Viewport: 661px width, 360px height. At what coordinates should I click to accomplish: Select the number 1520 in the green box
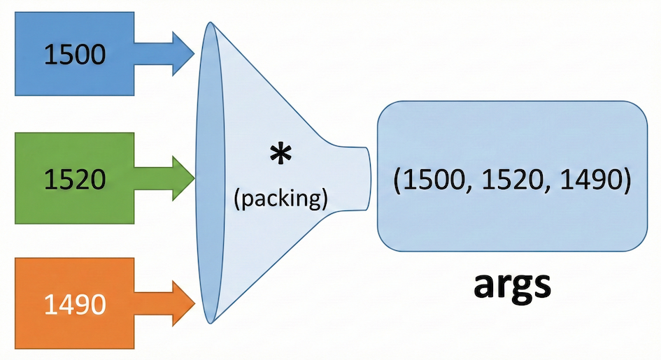click(x=75, y=180)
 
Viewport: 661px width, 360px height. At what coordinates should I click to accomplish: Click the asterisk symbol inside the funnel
click(x=280, y=155)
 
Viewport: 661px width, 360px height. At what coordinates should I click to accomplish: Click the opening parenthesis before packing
click(x=236, y=198)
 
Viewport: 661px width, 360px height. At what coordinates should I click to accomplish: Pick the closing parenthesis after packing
click(x=325, y=198)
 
